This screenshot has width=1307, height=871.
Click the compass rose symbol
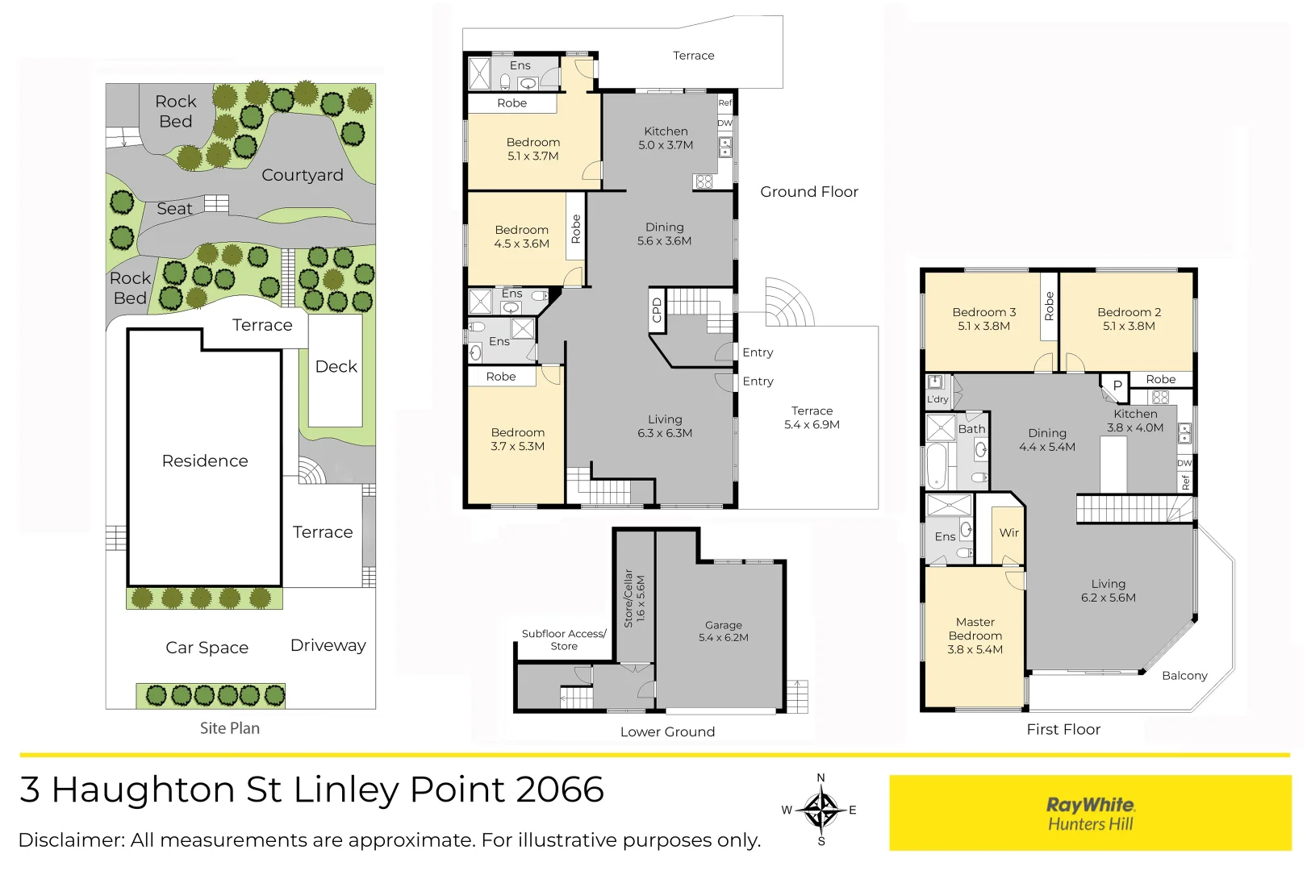pyautogui.click(x=821, y=810)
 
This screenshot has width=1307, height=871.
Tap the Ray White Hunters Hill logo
pyautogui.click(x=1090, y=813)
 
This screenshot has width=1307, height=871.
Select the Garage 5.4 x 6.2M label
pyautogui.click(x=723, y=631)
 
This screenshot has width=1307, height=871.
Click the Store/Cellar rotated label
pyautogui.click(x=634, y=598)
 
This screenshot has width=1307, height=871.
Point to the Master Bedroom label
pyautogui.click(x=975, y=636)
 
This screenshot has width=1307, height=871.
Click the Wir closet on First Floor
pyautogui.click(x=1008, y=533)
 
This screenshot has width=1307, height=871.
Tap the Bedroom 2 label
pyautogui.click(x=1129, y=319)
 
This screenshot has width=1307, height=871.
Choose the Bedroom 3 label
pyautogui.click(x=983, y=319)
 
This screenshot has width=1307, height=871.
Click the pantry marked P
pyautogui.click(x=1117, y=385)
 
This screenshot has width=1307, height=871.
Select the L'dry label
pyautogui.click(x=937, y=399)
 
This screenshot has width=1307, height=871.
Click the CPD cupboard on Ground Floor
pyautogui.click(x=657, y=310)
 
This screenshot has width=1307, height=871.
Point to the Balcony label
pyautogui.click(x=1184, y=676)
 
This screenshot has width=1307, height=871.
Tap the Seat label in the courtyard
pyautogui.click(x=174, y=209)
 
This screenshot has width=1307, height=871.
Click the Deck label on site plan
pyautogui.click(x=336, y=367)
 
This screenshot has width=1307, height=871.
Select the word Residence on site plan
pyautogui.click(x=205, y=461)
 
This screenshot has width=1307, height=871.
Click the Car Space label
pyautogui.click(x=207, y=648)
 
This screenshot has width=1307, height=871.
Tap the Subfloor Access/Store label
pyautogui.click(x=563, y=640)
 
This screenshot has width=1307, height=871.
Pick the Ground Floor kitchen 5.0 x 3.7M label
pyautogui.click(x=666, y=138)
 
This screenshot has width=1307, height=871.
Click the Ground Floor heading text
pyautogui.click(x=808, y=192)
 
